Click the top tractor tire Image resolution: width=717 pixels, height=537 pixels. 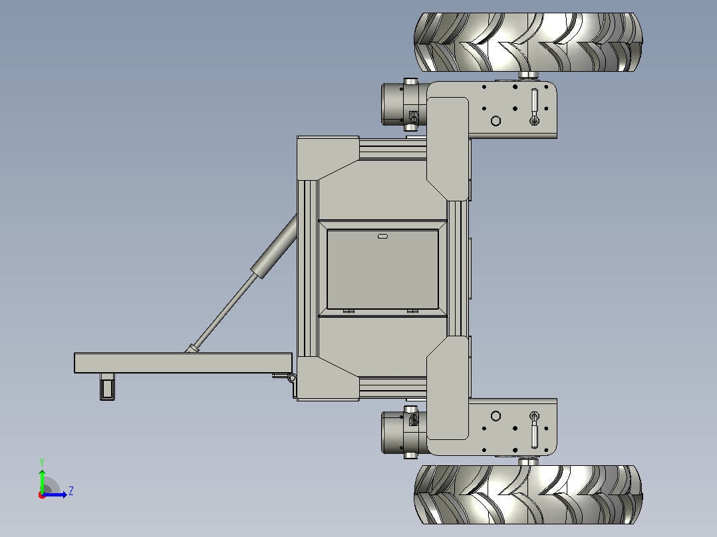[528, 42]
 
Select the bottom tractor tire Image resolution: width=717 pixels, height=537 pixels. [528, 494]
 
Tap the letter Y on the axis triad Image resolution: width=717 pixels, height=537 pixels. [42, 462]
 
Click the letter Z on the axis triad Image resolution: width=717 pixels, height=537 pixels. [71, 491]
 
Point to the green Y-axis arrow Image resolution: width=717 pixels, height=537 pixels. [42, 481]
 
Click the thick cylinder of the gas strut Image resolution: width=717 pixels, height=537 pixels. [274, 247]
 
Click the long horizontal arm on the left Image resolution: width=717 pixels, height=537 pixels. [183, 363]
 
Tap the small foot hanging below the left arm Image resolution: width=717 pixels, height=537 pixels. [107, 387]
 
